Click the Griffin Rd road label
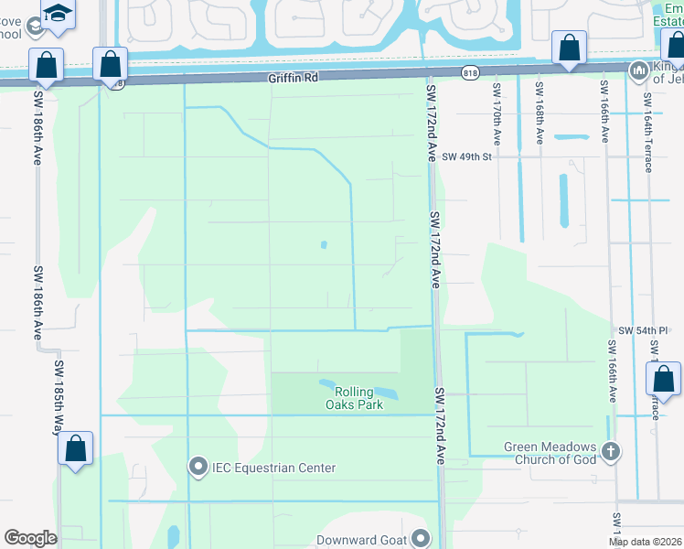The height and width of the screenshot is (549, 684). point(293,79)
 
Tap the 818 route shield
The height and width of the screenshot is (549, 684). point(470,72)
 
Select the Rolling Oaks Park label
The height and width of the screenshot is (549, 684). point(352,398)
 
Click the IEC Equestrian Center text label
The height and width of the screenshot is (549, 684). point(273,468)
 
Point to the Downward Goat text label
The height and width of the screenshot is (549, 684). point(360,540)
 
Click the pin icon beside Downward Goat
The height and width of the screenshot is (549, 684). point(421,539)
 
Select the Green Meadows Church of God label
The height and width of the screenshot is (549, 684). point(550,453)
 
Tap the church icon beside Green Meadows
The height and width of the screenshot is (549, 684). point(610,451)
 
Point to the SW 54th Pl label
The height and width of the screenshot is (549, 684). point(637,329)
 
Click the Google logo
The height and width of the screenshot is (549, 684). point(29,538)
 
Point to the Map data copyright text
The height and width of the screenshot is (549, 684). point(645,542)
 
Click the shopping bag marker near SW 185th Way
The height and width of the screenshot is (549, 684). point(77,448)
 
